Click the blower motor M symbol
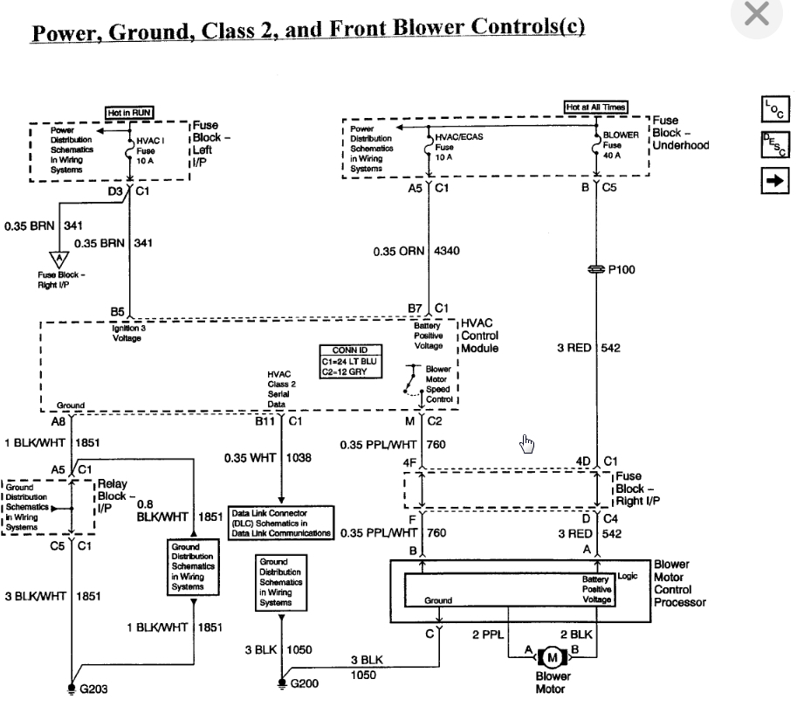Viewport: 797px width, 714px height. (x=552, y=657)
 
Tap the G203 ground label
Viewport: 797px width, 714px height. (x=94, y=689)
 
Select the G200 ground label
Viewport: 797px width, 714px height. (x=305, y=683)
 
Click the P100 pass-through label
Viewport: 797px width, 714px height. (x=622, y=269)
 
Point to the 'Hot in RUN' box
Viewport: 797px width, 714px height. (x=129, y=113)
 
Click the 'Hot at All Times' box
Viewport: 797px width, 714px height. (x=595, y=107)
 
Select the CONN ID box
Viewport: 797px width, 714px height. (x=350, y=361)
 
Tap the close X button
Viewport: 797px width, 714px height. (x=756, y=14)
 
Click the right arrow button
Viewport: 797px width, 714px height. (x=775, y=181)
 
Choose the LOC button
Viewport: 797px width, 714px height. (x=775, y=109)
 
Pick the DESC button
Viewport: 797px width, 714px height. (x=775, y=144)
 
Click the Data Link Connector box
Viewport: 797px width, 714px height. (x=281, y=523)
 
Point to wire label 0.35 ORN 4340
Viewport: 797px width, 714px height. (x=416, y=251)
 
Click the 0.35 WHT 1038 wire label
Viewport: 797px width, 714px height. (x=267, y=458)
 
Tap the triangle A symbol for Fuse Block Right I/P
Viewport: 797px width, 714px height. (x=59, y=259)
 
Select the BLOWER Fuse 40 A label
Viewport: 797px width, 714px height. (x=621, y=145)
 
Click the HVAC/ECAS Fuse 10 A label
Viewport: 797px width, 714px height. (x=459, y=147)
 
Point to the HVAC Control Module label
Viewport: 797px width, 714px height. (x=479, y=336)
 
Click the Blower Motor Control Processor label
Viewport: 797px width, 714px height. (x=679, y=583)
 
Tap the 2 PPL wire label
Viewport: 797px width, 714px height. (x=488, y=634)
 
